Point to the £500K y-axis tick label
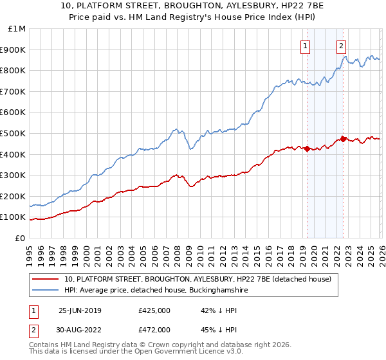pyautogui.click(x=14, y=133)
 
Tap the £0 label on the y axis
pyautogui.click(x=21, y=238)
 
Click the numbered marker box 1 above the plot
pyautogui.click(x=304, y=46)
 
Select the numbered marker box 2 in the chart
pyautogui.click(x=340, y=46)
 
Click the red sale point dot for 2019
pyautogui.click(x=307, y=149)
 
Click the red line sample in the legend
pyautogui.click(x=46, y=279)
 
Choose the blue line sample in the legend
pyautogui.click(x=46, y=290)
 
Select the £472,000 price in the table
pyautogui.click(x=154, y=329)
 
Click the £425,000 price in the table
pyautogui.click(x=154, y=310)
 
